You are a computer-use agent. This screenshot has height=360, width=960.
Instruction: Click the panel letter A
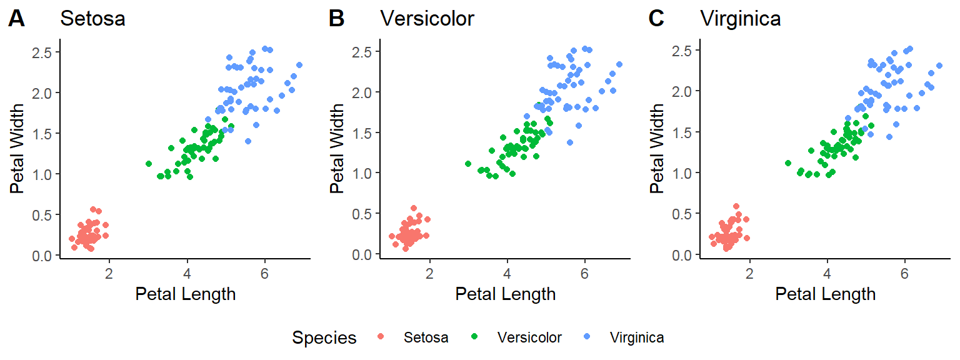click(x=16, y=19)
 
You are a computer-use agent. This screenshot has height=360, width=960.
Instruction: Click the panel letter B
click(x=336, y=19)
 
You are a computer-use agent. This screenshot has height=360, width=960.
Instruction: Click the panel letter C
click(x=656, y=19)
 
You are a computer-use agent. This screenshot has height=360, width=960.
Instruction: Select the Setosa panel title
click(x=92, y=19)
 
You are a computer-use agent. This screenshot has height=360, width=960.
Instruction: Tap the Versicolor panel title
click(x=427, y=19)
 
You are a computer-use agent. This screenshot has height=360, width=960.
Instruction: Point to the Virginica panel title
click(x=741, y=19)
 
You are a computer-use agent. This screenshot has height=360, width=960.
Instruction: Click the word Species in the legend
click(x=324, y=338)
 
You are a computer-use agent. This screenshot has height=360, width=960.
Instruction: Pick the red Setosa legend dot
click(x=381, y=337)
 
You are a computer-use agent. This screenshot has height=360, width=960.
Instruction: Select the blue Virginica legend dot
click(x=587, y=337)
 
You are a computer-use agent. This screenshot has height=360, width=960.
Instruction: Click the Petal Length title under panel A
click(x=185, y=294)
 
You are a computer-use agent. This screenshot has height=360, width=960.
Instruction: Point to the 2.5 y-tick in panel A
click(x=41, y=52)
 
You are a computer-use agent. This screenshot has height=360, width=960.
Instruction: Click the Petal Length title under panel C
click(x=825, y=294)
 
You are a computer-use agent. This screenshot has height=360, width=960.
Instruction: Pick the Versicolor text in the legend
click(x=529, y=338)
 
